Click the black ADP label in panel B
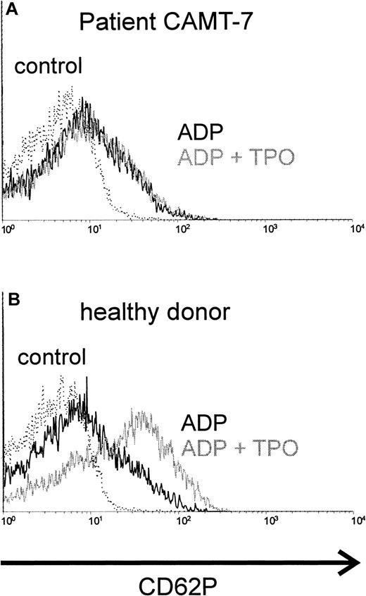click(203, 423)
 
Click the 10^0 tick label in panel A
click(8, 229)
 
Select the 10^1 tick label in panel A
click(96, 229)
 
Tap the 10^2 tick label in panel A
click(183, 229)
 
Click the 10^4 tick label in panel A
click(357, 229)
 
